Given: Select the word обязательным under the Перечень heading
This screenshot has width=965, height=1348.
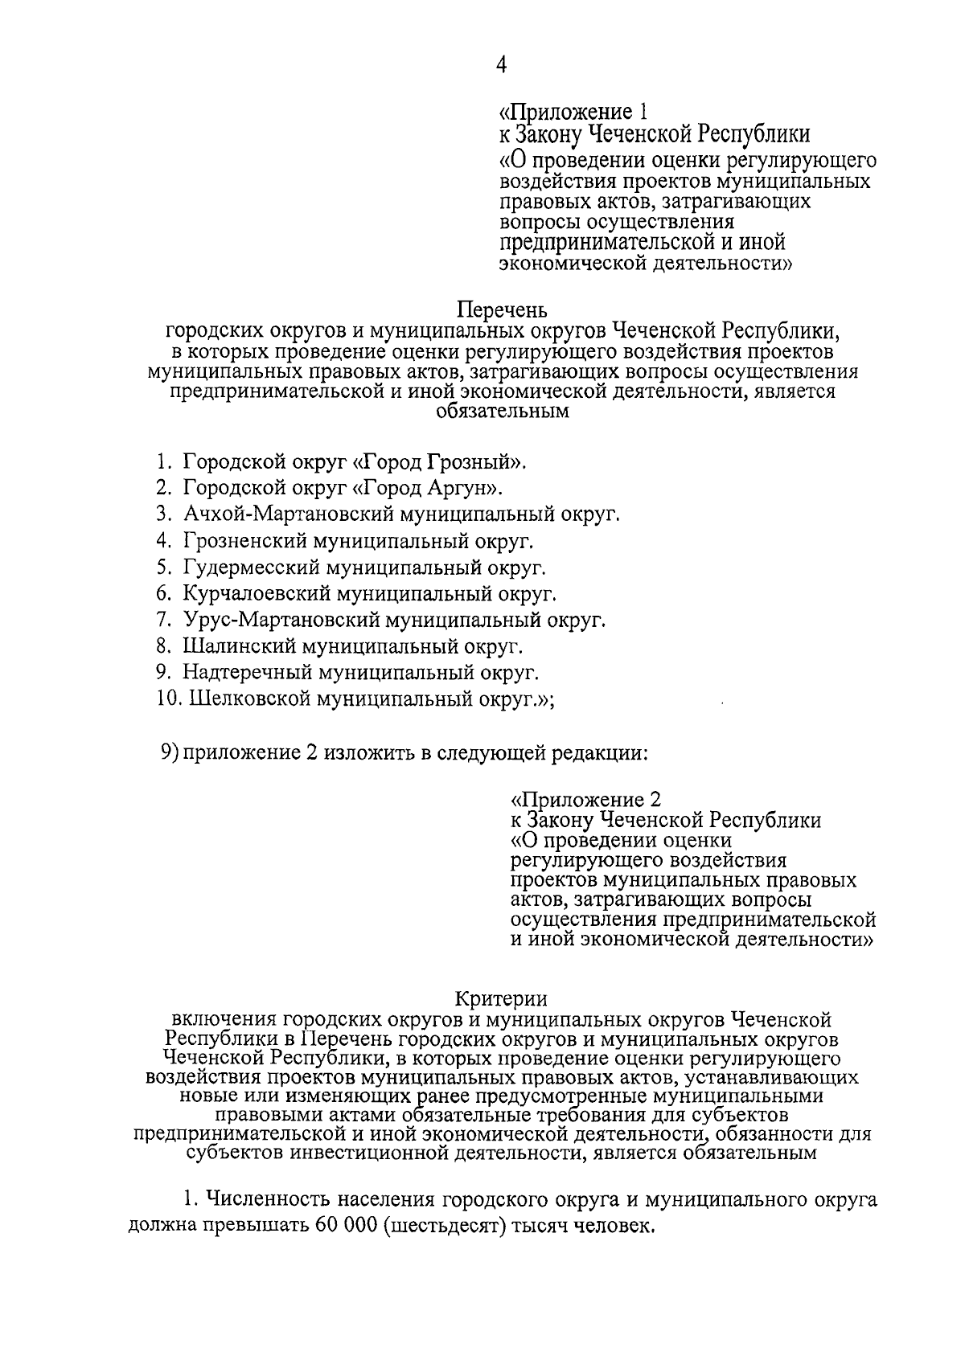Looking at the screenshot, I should click(503, 412).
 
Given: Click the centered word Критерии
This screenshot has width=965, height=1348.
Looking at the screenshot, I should click(502, 1000).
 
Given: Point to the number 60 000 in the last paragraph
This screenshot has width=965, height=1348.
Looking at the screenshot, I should click(343, 1227).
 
